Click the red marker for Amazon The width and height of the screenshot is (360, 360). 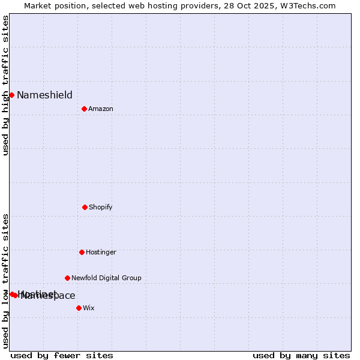coord(84,109)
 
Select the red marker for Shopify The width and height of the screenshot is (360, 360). coord(85,207)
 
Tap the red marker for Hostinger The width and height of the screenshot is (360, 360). coord(82,252)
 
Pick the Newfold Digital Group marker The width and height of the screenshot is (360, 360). coord(67,278)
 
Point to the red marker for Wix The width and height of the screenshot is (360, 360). coord(79,308)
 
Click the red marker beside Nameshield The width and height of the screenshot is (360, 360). coord(11,95)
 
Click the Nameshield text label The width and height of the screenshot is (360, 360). coord(44,95)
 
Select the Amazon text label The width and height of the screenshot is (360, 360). coord(100,109)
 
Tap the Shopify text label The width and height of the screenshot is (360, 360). coord(100,207)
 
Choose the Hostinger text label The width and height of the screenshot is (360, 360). coord(101,252)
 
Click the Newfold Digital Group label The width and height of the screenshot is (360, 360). coord(106,278)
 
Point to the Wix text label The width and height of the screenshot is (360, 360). coord(89,308)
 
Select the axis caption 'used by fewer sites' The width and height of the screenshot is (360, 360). coord(62,355)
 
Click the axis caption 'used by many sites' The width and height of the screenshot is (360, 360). coord(301,355)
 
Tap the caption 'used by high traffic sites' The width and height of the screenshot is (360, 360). coord(5,85)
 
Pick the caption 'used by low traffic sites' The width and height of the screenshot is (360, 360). coord(5,280)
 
